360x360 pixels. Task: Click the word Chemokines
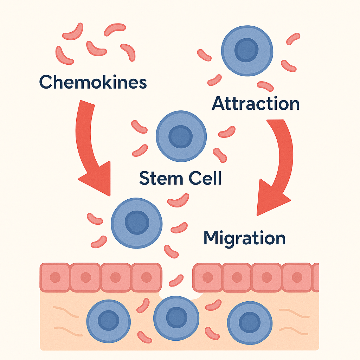[93, 82]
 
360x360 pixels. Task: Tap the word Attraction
[256, 104]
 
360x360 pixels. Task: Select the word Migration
[244, 238]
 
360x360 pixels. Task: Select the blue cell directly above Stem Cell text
[181, 136]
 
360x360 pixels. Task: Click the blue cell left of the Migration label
[136, 223]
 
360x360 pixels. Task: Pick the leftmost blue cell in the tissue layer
[108, 321]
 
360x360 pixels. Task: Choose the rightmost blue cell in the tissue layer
[250, 321]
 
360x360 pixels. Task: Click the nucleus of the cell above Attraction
[247, 50]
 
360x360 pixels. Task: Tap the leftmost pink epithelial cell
[55, 277]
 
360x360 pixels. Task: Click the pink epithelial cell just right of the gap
[207, 277]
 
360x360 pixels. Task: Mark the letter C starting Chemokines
[46, 82]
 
